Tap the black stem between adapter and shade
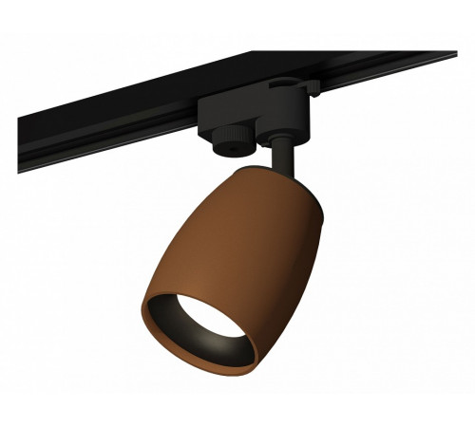click(281, 158)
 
